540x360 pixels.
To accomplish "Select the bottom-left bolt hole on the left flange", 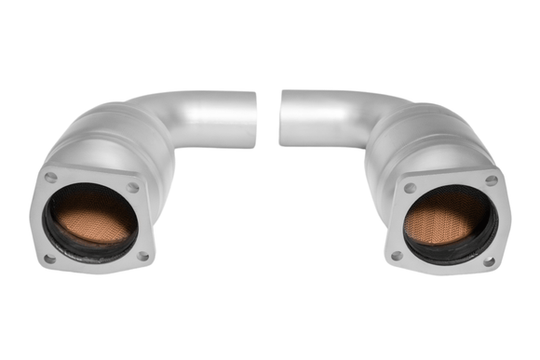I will (x=49, y=259).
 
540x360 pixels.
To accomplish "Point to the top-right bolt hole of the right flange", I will (x=491, y=180).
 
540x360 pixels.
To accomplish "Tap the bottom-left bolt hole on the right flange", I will (x=398, y=255).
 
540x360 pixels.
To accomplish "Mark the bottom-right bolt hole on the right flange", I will (x=489, y=260).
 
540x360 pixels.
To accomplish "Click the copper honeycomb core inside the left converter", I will (x=91, y=218).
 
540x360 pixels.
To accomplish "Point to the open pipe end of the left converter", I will (x=252, y=120).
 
